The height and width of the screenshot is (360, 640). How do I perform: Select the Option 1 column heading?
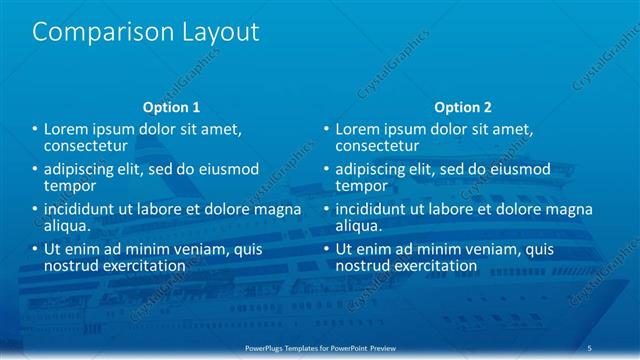[x=171, y=106]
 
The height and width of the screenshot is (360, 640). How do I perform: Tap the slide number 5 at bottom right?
[x=591, y=346]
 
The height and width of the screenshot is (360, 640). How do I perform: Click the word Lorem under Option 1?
[x=68, y=129]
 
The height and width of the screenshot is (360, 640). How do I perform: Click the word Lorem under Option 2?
[x=360, y=129]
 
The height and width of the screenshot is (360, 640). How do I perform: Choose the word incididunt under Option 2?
[x=376, y=210]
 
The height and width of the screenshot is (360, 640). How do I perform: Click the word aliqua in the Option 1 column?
[x=65, y=226]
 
